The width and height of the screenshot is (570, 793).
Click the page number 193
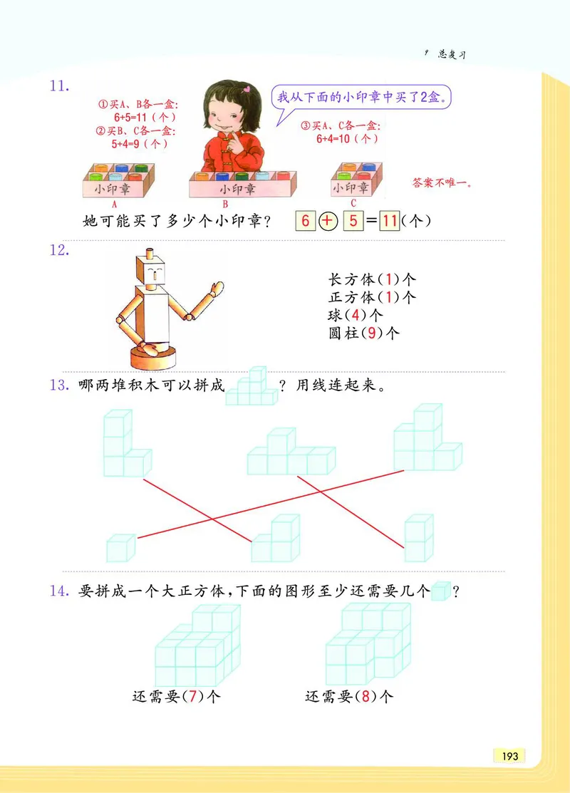(x=509, y=756)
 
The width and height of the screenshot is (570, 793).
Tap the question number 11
(x=58, y=87)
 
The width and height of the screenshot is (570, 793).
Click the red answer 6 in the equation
(x=306, y=221)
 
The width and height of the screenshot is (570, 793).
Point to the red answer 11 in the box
(x=389, y=221)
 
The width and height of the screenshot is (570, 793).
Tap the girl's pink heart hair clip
(x=247, y=90)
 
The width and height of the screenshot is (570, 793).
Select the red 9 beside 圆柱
(x=373, y=333)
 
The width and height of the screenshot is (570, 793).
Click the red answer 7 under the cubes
(x=190, y=697)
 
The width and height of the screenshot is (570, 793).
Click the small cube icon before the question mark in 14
(x=441, y=591)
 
